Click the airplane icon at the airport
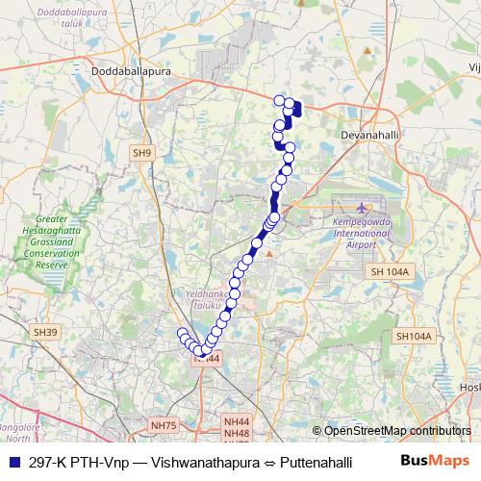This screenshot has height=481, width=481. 361,208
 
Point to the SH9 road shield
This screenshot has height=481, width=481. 142,153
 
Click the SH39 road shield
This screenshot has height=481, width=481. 45,332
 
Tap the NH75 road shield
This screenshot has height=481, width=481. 165,425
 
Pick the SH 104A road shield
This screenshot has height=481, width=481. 390,272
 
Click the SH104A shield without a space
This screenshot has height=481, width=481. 415,335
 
